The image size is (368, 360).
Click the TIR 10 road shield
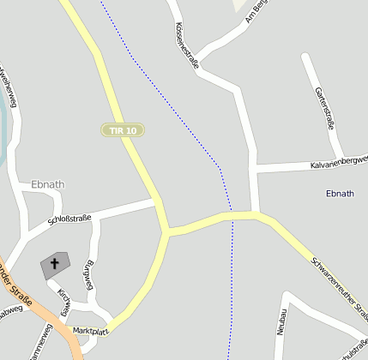click(x=123, y=130)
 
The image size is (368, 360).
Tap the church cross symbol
click(x=57, y=263)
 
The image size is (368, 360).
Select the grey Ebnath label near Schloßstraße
click(x=47, y=184)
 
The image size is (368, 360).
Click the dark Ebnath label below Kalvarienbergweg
click(x=340, y=194)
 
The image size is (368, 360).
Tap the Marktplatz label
click(x=90, y=330)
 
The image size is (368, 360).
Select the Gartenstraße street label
click(x=324, y=107)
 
